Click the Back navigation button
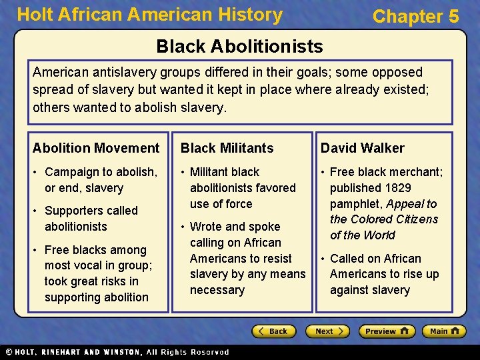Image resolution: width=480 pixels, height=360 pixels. point(273,331)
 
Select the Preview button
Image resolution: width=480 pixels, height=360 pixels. point(387,331)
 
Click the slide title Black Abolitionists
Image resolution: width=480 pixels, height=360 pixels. point(239,46)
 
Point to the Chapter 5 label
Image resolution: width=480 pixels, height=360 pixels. point(415,17)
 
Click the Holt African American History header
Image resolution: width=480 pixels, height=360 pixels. point(149,15)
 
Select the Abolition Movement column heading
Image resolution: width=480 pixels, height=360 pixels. point(96,148)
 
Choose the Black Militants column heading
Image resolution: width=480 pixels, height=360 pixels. point(227,148)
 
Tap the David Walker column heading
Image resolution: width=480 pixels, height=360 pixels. point(362,148)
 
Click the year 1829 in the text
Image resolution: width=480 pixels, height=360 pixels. point(397,188)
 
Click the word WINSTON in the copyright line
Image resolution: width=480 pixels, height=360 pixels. point(117,352)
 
